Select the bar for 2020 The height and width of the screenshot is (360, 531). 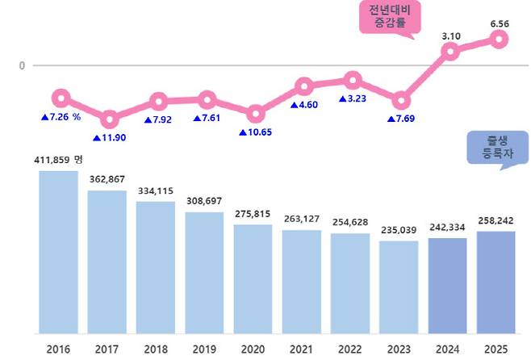tap(253, 278)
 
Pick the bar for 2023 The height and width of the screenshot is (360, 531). tap(399, 287)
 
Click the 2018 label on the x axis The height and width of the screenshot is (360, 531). tap(155, 349)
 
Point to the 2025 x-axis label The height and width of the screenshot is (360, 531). tap(496, 349)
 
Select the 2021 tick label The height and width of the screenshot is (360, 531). tap(301, 349)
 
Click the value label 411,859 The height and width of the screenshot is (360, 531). tap(53, 160)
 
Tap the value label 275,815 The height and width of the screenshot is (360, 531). tap(253, 213)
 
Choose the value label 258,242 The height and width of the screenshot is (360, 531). tap(496, 220)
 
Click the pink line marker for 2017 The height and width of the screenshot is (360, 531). tap(110, 120)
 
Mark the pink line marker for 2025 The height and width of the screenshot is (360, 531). tap(499, 40)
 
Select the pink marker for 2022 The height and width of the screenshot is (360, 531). tap(353, 79)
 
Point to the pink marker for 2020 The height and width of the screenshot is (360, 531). tap(255, 114)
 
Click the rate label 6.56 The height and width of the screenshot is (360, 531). tap(499, 23)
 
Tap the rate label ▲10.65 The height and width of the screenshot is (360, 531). tap(257, 132)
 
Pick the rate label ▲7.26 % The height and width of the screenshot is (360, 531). tap(61, 117)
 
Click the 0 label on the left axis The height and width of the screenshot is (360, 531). tap(22, 65)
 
